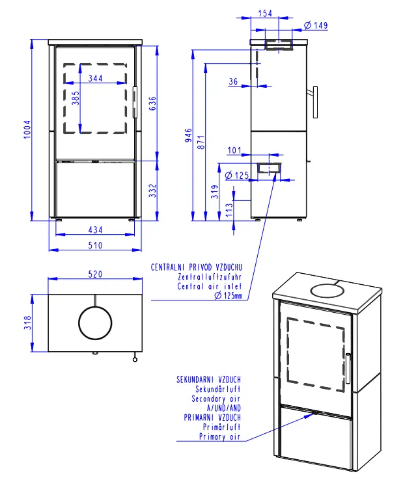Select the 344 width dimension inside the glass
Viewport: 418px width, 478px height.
click(x=95, y=78)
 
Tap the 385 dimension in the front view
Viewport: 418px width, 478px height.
click(x=76, y=100)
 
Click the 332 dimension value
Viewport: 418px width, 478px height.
click(x=152, y=190)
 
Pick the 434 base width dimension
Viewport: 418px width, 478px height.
click(x=95, y=230)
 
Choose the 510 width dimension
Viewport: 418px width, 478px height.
click(x=95, y=245)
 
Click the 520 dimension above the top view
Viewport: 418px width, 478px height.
click(x=95, y=274)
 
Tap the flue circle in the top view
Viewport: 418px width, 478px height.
click(x=95, y=323)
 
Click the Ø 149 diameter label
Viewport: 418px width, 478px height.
click(x=316, y=26)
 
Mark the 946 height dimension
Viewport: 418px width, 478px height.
click(x=188, y=135)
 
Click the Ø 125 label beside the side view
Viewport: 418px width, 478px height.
click(x=238, y=176)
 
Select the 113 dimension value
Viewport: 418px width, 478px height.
click(x=229, y=208)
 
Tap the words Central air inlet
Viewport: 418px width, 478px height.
click(x=210, y=286)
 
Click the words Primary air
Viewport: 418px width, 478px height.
click(x=220, y=437)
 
